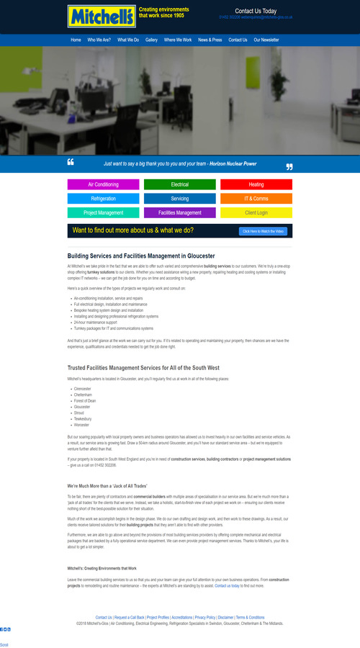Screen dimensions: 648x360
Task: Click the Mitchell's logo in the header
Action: [91, 16]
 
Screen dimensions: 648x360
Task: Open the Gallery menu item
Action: [151, 40]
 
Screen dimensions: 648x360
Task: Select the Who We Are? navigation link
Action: [99, 40]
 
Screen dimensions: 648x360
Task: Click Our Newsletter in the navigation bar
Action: [266, 40]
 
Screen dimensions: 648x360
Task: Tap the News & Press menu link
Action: [210, 40]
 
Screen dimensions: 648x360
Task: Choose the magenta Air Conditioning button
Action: [104, 184]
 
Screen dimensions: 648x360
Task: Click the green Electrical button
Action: [180, 184]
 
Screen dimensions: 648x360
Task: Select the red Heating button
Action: [256, 184]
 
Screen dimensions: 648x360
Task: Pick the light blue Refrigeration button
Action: [104, 198]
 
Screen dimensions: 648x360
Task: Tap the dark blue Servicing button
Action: [180, 198]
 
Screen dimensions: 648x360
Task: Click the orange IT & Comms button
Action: [256, 198]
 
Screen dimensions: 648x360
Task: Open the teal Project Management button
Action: [104, 212]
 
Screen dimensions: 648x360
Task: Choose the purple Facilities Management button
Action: [180, 212]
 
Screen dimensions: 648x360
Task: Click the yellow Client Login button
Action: [256, 212]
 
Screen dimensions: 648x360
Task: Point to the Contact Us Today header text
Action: [256, 11]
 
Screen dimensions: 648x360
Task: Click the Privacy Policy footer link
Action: [205, 617]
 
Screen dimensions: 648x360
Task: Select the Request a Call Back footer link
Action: [130, 617]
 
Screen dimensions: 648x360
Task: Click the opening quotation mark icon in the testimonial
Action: [71, 161]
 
